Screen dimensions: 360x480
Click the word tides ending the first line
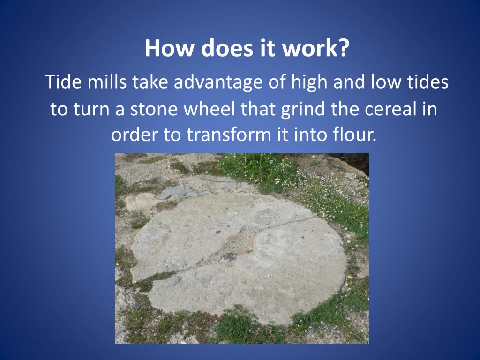coord(428,82)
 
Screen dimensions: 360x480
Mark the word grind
coord(302,110)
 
